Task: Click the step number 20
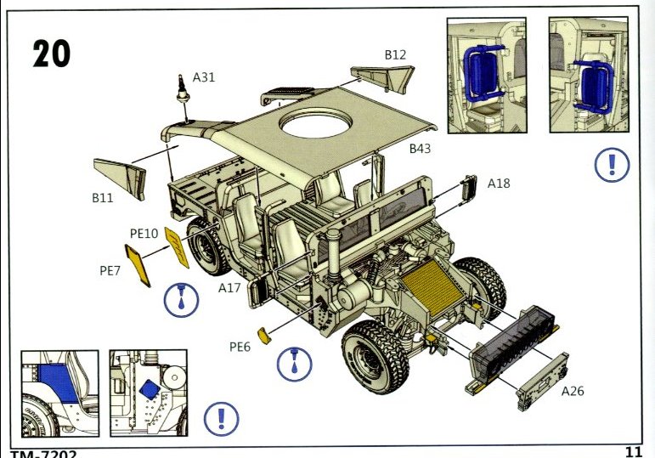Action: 51,53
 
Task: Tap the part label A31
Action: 204,77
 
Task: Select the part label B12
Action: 395,55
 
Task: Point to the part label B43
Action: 420,149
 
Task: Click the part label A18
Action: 499,183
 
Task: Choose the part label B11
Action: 103,198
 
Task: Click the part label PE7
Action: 110,271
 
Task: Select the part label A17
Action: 229,288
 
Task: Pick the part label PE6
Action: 240,347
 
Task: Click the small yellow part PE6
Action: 264,337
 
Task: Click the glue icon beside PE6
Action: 295,363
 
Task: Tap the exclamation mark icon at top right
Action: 611,164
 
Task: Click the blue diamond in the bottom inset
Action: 149,389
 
